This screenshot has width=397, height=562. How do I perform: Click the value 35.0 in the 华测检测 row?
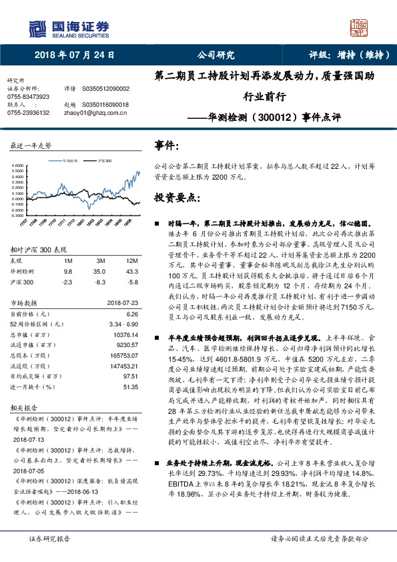point(100,272)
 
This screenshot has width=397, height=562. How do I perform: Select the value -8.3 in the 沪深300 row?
point(100,282)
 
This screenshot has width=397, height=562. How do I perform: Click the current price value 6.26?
point(131,313)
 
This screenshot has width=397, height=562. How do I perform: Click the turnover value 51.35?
point(129,386)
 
